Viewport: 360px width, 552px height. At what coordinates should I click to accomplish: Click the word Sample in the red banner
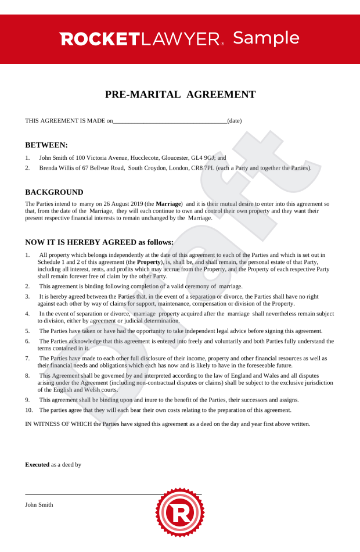266,38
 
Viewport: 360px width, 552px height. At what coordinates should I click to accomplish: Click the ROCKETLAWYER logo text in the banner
141,39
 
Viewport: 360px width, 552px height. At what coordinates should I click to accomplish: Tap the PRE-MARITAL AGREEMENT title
180,95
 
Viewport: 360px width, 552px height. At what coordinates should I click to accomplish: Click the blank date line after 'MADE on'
170,121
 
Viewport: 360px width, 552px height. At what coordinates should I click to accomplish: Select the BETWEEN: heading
46,145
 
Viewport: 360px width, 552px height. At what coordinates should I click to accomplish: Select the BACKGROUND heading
54,192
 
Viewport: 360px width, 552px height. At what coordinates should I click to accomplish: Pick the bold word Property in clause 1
148,262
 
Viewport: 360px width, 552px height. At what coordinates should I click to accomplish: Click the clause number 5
27,331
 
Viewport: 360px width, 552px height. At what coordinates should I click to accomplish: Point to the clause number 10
29,410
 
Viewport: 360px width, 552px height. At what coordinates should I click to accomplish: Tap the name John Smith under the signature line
39,504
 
